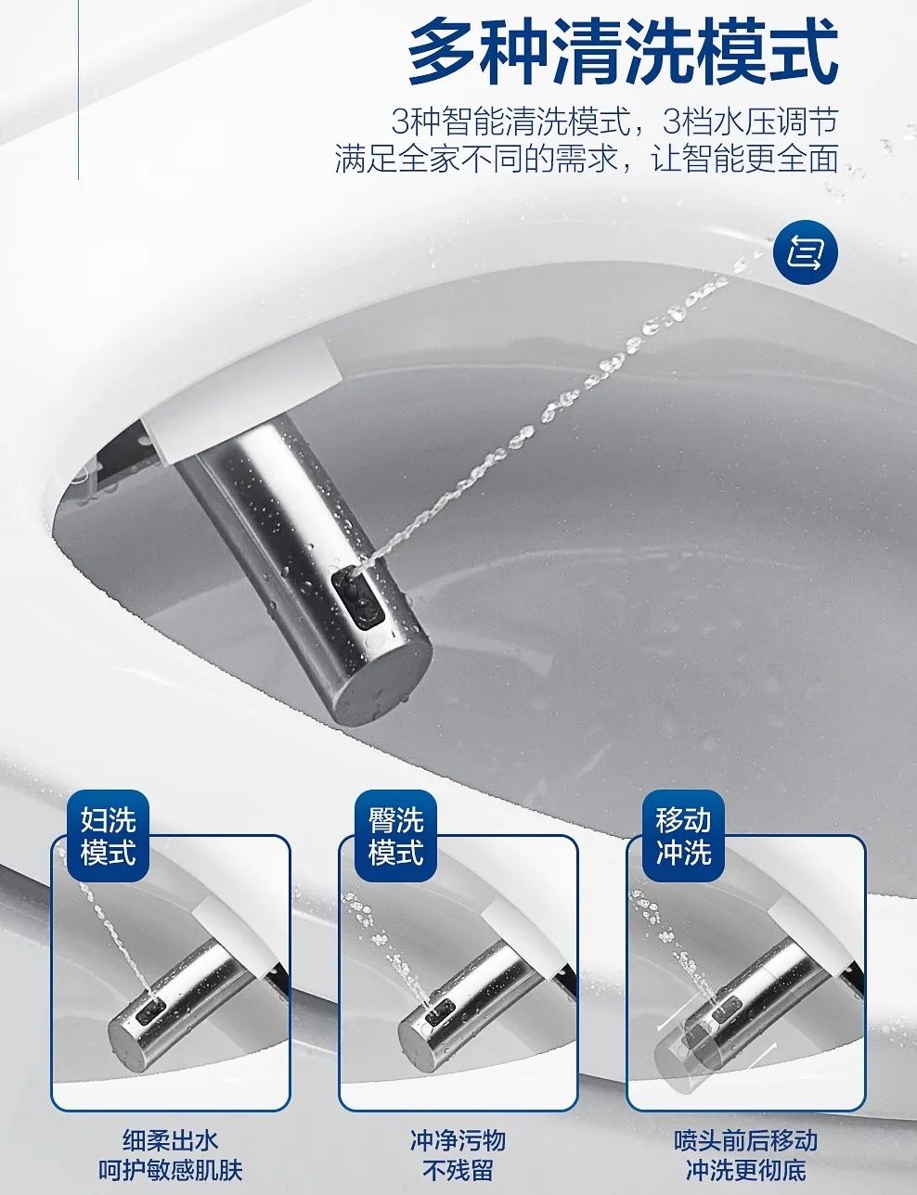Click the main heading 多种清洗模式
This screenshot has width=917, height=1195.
(x=623, y=53)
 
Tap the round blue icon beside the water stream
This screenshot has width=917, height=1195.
(x=806, y=251)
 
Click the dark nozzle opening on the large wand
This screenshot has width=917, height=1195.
(x=356, y=594)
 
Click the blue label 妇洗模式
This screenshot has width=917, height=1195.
(x=109, y=835)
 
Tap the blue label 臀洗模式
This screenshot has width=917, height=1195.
(x=395, y=835)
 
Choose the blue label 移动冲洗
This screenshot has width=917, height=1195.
(x=683, y=835)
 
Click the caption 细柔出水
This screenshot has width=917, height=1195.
(x=171, y=1140)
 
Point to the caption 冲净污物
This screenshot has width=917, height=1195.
(x=458, y=1140)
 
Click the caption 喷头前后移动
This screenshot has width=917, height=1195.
(x=745, y=1140)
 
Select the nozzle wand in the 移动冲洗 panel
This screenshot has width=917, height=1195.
(x=743, y=1007)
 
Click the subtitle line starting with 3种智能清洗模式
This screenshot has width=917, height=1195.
(x=614, y=122)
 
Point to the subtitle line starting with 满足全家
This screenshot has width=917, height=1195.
(x=587, y=159)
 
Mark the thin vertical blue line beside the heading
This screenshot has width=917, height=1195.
(x=78, y=89)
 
